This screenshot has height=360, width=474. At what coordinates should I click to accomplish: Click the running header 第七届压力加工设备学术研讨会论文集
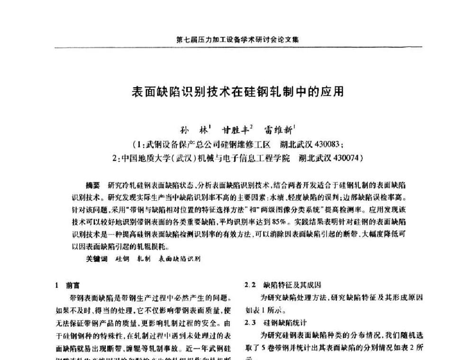pyautogui.click(x=237, y=40)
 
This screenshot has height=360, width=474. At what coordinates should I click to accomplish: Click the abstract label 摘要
pyautogui.click(x=92, y=184)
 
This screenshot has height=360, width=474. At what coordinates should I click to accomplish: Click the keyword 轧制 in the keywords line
pyautogui.click(x=144, y=259)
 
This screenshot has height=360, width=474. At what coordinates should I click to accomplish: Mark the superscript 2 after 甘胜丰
pyautogui.click(x=252, y=126)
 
